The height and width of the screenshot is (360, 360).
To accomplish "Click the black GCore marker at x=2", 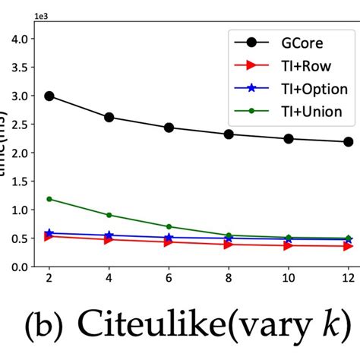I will (49, 96).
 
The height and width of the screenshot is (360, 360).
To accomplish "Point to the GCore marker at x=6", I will (169, 128).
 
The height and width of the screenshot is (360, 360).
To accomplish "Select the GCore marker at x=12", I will (349, 142).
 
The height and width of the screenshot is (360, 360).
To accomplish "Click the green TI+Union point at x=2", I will (49, 199).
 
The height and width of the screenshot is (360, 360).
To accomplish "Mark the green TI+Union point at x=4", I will (109, 215).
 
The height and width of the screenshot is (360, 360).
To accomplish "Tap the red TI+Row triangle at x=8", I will (229, 245).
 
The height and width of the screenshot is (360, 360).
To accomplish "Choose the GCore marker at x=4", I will (109, 118).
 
